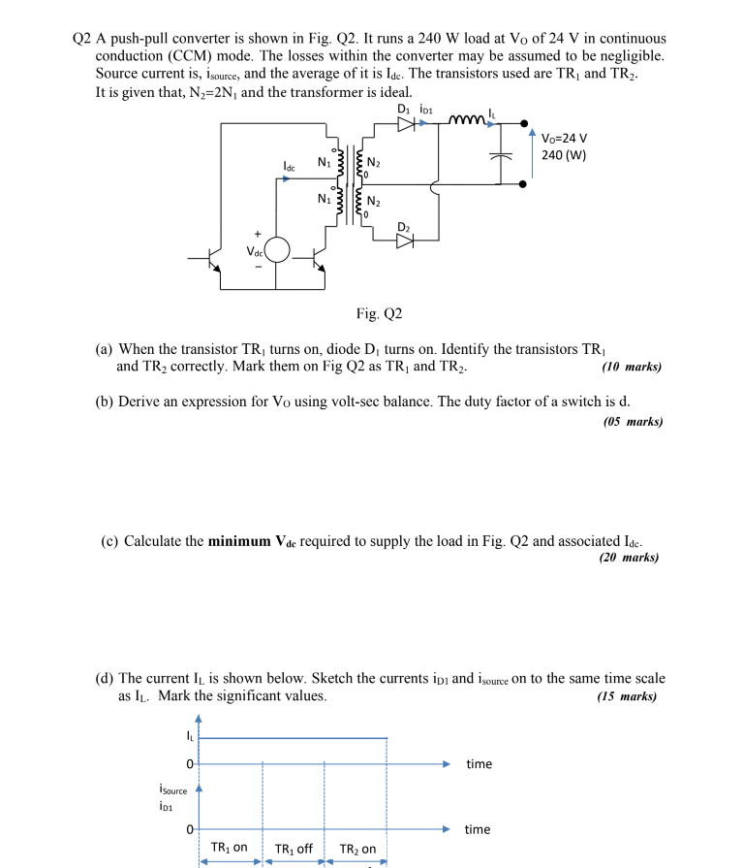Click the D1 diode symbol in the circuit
click(406, 123)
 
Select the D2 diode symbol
click(404, 242)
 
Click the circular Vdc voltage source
click(276, 250)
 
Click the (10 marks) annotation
click(632, 368)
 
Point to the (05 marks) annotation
click(632, 421)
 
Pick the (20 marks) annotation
click(628, 558)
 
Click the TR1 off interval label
click(294, 849)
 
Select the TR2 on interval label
click(357, 849)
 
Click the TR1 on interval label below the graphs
click(230, 849)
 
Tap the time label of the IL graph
click(479, 764)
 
